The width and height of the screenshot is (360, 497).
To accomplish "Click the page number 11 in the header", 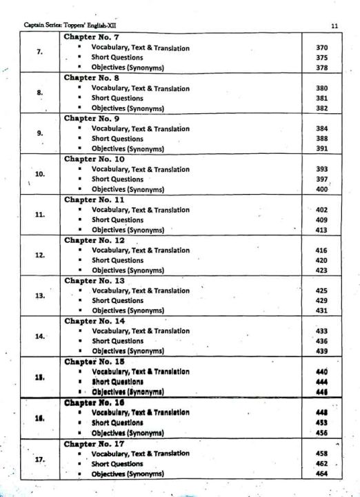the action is point(334,26).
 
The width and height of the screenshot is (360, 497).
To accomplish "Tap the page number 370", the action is point(321,48).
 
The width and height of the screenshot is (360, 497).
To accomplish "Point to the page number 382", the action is point(321,108).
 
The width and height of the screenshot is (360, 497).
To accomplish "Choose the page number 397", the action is point(321,179).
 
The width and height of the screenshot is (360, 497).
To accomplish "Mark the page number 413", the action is point(321,230).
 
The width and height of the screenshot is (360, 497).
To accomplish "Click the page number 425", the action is point(321,291).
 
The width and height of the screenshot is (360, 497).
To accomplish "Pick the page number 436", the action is point(321,341).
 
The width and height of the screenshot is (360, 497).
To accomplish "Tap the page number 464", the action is point(321,474).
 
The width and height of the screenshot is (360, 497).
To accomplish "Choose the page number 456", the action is point(321,432).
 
